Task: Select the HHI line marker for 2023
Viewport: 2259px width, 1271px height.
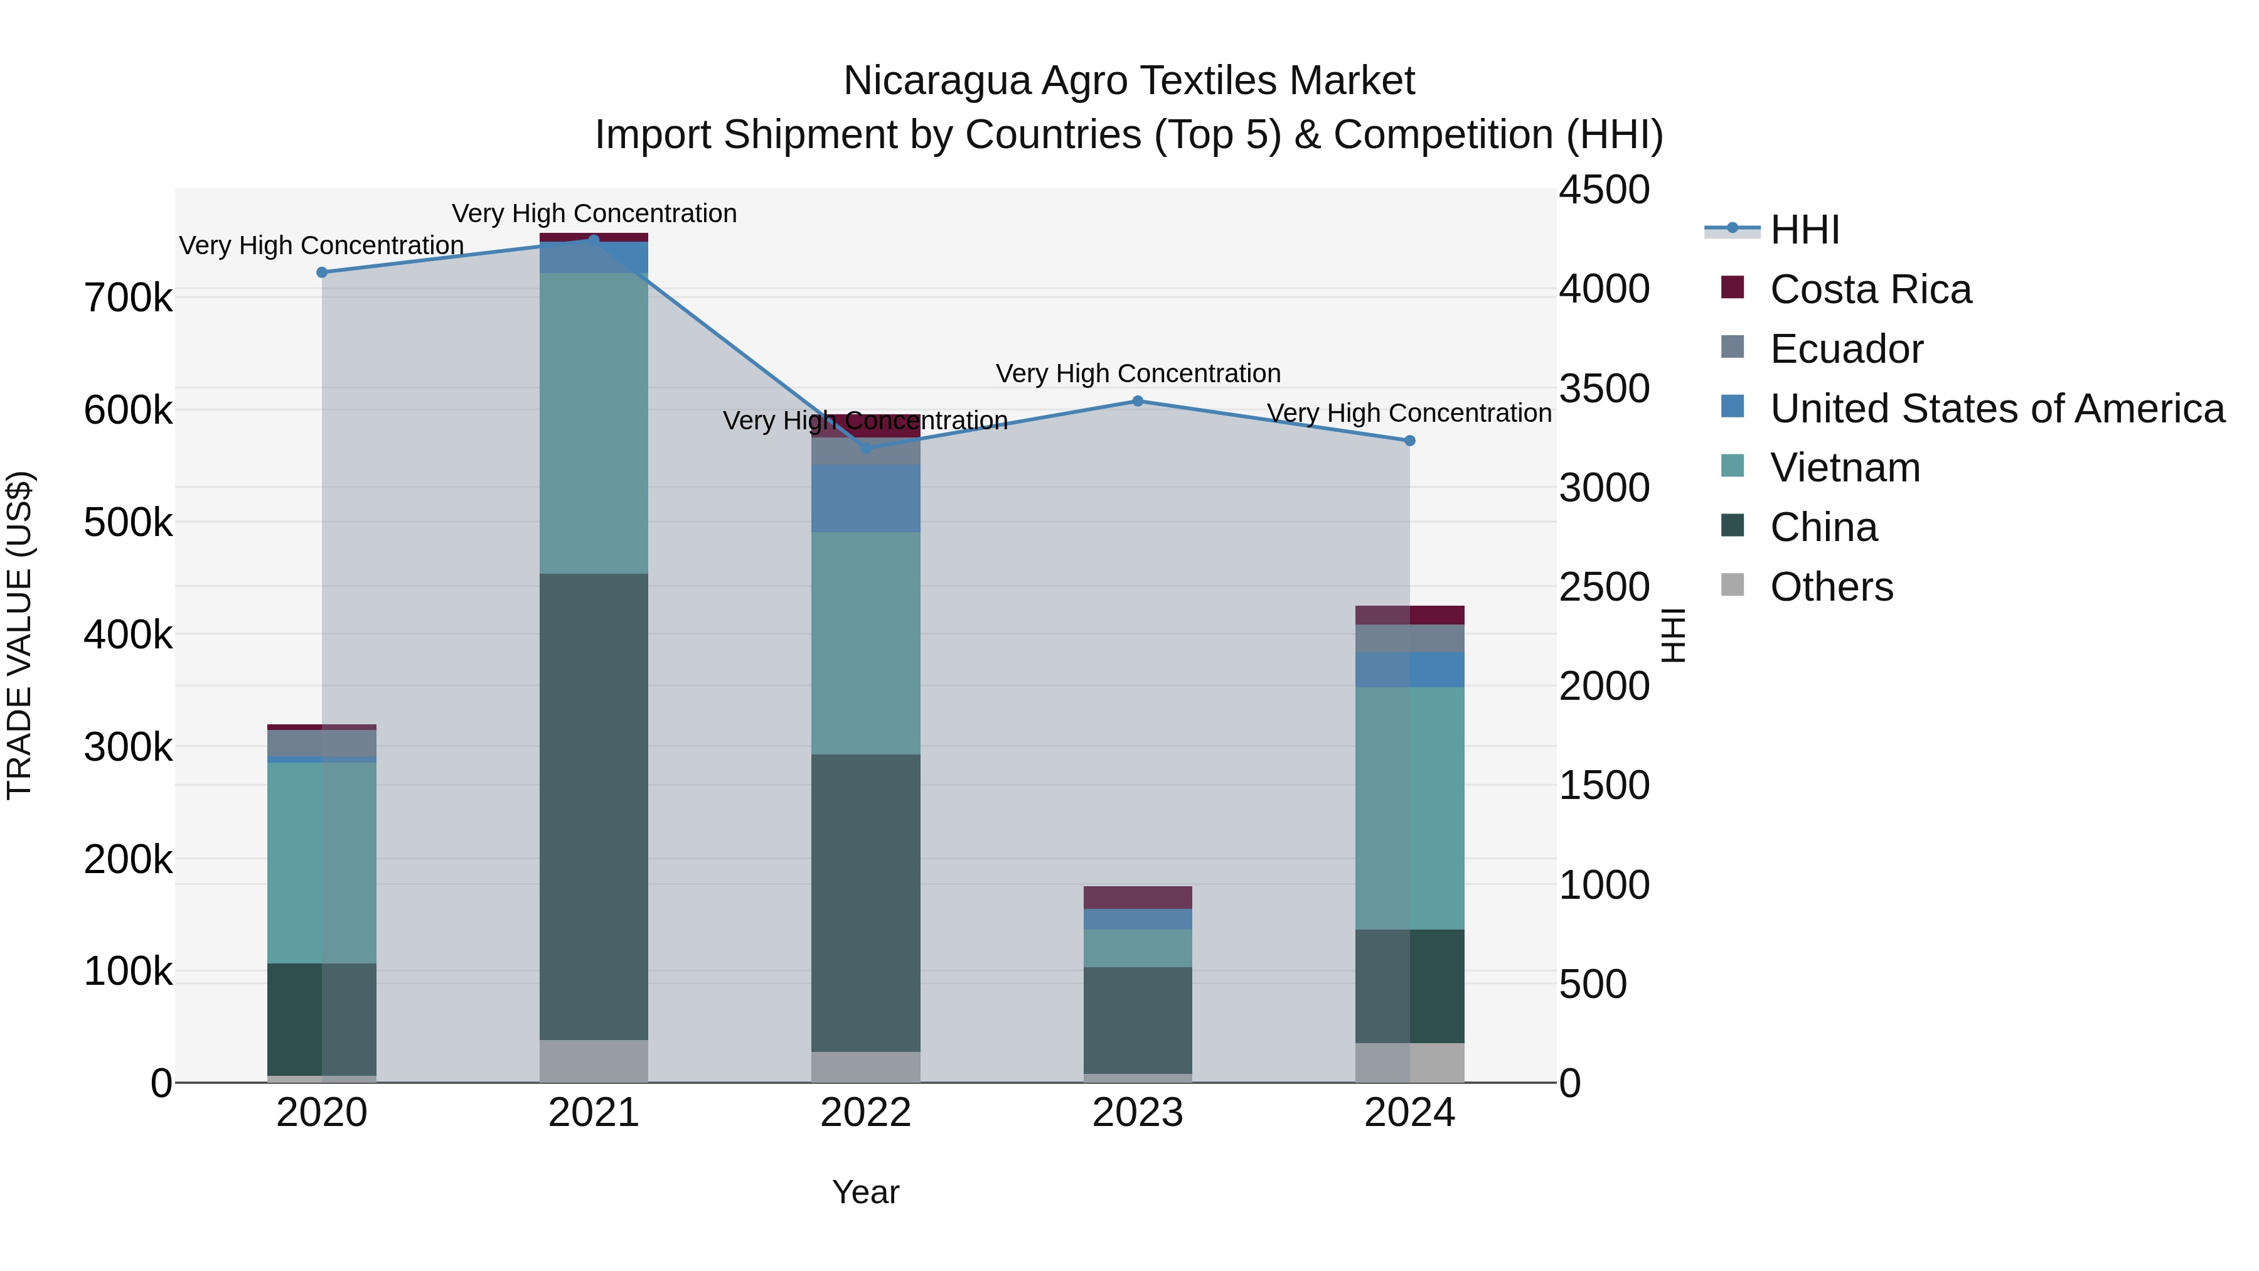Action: [1138, 401]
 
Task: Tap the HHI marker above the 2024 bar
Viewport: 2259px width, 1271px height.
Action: [1409, 441]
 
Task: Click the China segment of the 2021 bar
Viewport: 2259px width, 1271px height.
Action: [594, 807]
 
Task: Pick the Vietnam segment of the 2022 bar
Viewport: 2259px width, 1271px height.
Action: [865, 643]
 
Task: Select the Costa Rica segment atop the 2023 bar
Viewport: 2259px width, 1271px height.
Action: [1138, 898]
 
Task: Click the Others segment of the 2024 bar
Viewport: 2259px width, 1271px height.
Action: [1409, 1062]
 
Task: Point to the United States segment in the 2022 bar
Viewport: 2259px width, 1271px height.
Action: [865, 498]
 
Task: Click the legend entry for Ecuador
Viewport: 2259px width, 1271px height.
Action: [1846, 349]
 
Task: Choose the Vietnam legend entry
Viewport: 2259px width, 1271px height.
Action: [1844, 468]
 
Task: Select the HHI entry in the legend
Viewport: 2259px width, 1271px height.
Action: [1804, 230]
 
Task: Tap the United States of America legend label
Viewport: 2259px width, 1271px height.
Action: [1997, 409]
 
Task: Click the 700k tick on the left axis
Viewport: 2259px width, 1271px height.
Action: [128, 298]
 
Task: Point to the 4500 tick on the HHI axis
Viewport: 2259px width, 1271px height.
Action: [1604, 190]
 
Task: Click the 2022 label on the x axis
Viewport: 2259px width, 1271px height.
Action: [865, 1113]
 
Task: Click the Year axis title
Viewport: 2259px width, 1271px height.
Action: [865, 1192]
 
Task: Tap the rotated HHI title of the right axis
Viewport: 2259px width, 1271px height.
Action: [1673, 635]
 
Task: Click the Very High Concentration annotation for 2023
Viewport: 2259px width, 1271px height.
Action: [1138, 373]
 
